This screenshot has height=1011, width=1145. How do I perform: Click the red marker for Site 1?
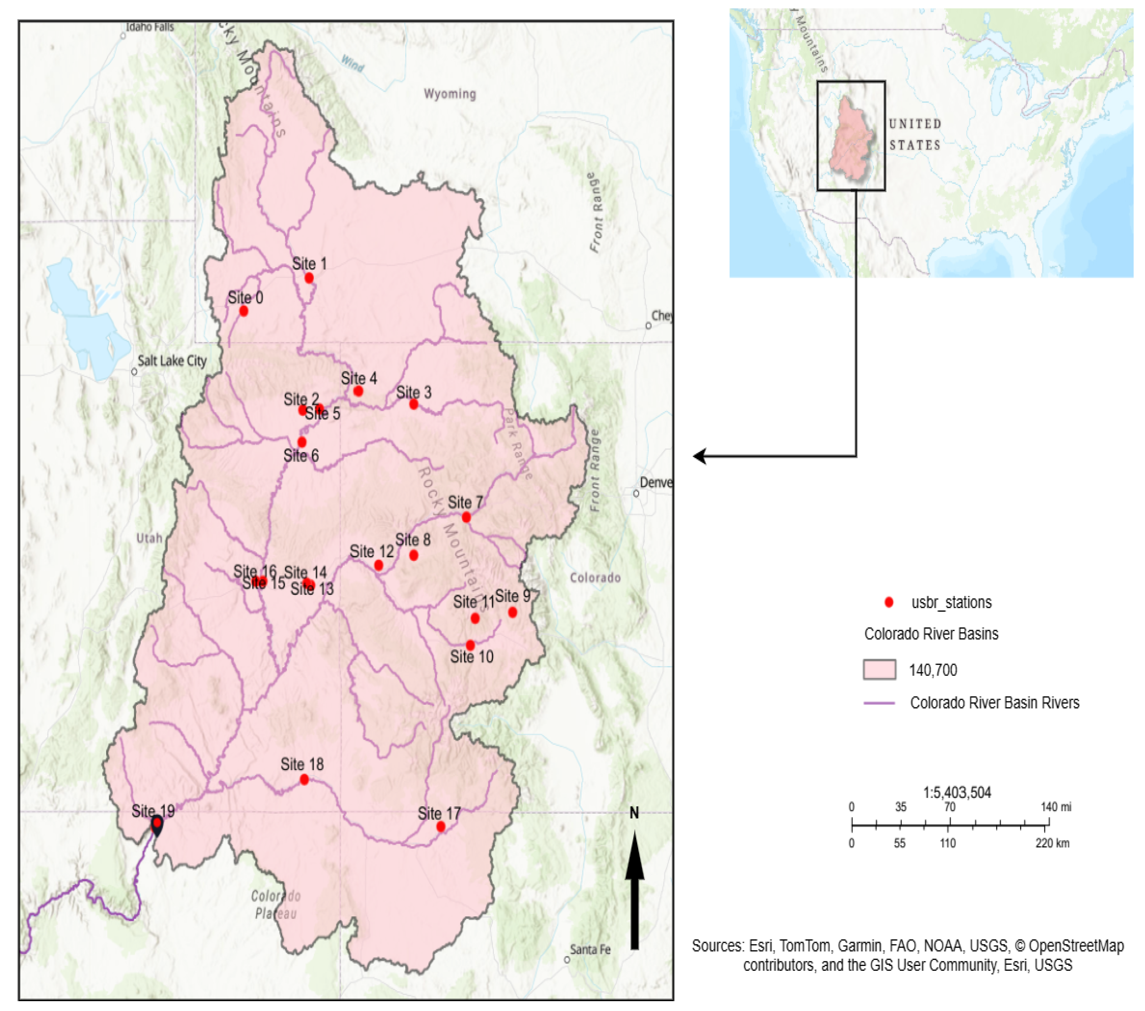point(309,278)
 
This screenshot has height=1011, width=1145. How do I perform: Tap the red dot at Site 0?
point(244,311)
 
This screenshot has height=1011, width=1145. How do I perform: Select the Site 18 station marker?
point(304,779)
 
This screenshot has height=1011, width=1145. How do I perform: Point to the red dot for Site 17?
point(441,826)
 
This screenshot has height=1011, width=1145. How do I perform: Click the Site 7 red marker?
point(466,517)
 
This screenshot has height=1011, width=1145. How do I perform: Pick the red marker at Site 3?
point(413,404)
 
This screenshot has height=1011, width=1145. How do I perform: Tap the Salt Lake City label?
point(172,361)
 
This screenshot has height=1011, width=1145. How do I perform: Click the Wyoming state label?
point(450,94)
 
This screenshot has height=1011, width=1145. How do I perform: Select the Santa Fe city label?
point(590,949)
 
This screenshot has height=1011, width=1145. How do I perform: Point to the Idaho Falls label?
point(150,27)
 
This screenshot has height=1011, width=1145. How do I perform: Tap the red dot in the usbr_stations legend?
point(889,603)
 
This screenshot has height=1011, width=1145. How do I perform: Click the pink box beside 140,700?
point(879,670)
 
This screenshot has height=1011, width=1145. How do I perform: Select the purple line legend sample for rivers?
point(879,703)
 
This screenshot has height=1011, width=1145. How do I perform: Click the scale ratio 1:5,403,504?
point(957,792)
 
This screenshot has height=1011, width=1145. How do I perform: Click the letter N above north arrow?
point(634,813)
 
